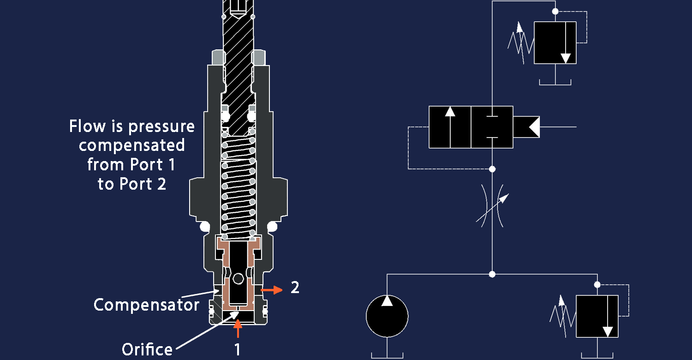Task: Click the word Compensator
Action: point(146,305)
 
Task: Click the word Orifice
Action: point(147,349)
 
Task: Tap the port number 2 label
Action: point(295,288)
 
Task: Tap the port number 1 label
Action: point(237,349)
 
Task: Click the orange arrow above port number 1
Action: point(237,329)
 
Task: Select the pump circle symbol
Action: point(387,316)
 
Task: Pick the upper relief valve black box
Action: point(555,42)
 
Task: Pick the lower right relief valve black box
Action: point(597,317)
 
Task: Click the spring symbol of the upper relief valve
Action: point(520,43)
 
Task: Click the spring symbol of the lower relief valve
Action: point(562,316)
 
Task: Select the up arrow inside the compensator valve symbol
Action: point(450,127)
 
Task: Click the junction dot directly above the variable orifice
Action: point(492,169)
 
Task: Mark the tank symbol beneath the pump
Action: point(387,355)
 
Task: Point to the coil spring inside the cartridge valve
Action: point(238,189)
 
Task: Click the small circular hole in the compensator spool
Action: point(238,278)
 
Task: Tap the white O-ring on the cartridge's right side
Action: point(272,227)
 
